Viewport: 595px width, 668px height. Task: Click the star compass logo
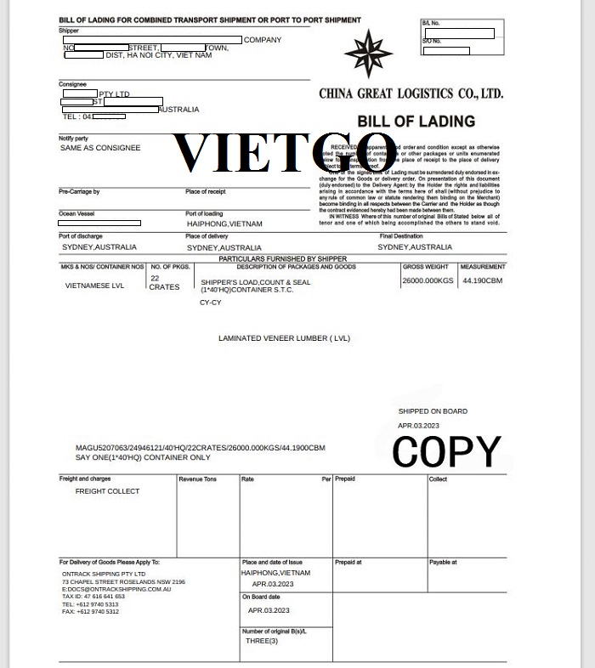pyautogui.click(x=369, y=53)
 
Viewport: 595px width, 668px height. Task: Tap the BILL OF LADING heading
pyautogui.click(x=416, y=121)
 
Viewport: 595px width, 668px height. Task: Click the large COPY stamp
pyautogui.click(x=446, y=450)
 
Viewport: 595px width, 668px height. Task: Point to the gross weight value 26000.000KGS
pyautogui.click(x=428, y=280)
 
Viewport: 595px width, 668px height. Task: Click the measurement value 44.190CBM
pyautogui.click(x=482, y=280)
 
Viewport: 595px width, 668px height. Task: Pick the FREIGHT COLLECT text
pyautogui.click(x=107, y=491)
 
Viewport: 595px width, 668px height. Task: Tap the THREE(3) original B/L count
pyautogui.click(x=261, y=641)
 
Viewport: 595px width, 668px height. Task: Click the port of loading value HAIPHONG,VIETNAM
pyautogui.click(x=224, y=224)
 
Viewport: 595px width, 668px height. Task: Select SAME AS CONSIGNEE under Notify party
pyautogui.click(x=100, y=148)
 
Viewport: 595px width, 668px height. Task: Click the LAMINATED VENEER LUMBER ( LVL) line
pyautogui.click(x=284, y=338)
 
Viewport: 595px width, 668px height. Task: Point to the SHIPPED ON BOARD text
pyautogui.click(x=433, y=411)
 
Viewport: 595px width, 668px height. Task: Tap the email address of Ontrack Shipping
pyautogui.click(x=116, y=589)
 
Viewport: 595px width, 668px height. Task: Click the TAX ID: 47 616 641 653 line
pyautogui.click(x=93, y=597)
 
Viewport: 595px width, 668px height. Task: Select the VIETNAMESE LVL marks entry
pyautogui.click(x=94, y=286)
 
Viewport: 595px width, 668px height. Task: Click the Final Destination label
pyautogui.click(x=401, y=236)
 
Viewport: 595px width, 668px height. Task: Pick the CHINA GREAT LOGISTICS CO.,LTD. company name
pyautogui.click(x=411, y=93)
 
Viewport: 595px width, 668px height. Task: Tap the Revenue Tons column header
pyautogui.click(x=197, y=479)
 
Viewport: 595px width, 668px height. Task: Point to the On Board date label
pyautogui.click(x=261, y=597)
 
